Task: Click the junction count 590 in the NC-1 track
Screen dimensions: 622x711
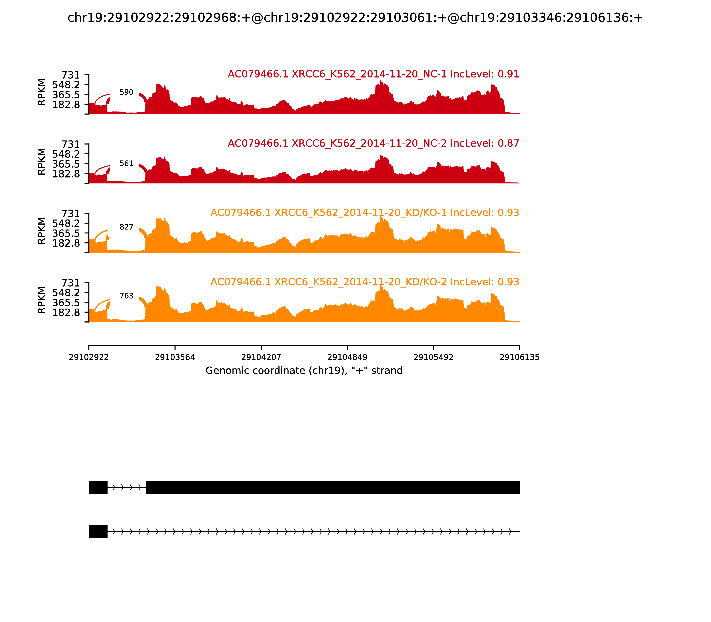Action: tap(126, 92)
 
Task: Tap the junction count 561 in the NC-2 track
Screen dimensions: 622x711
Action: tap(126, 163)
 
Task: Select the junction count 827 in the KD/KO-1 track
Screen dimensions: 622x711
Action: tap(126, 227)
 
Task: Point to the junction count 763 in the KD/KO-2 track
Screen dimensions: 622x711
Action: tap(126, 296)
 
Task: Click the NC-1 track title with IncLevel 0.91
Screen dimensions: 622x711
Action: tap(373, 74)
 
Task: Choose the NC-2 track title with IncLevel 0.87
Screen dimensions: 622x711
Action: tap(373, 143)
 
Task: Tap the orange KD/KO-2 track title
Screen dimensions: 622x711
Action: tap(365, 282)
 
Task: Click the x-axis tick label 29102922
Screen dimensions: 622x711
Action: tap(89, 357)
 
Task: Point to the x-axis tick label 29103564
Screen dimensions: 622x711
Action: tap(175, 357)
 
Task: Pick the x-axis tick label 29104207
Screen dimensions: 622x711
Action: tap(261, 357)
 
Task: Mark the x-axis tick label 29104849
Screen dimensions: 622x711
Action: tap(347, 357)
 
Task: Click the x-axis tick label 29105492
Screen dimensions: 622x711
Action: tap(433, 357)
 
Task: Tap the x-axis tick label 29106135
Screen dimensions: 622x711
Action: tap(519, 357)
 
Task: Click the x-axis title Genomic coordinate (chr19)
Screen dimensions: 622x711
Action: tap(304, 371)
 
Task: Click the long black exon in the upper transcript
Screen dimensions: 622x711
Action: tap(333, 487)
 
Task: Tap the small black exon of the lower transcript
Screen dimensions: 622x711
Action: tap(98, 531)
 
